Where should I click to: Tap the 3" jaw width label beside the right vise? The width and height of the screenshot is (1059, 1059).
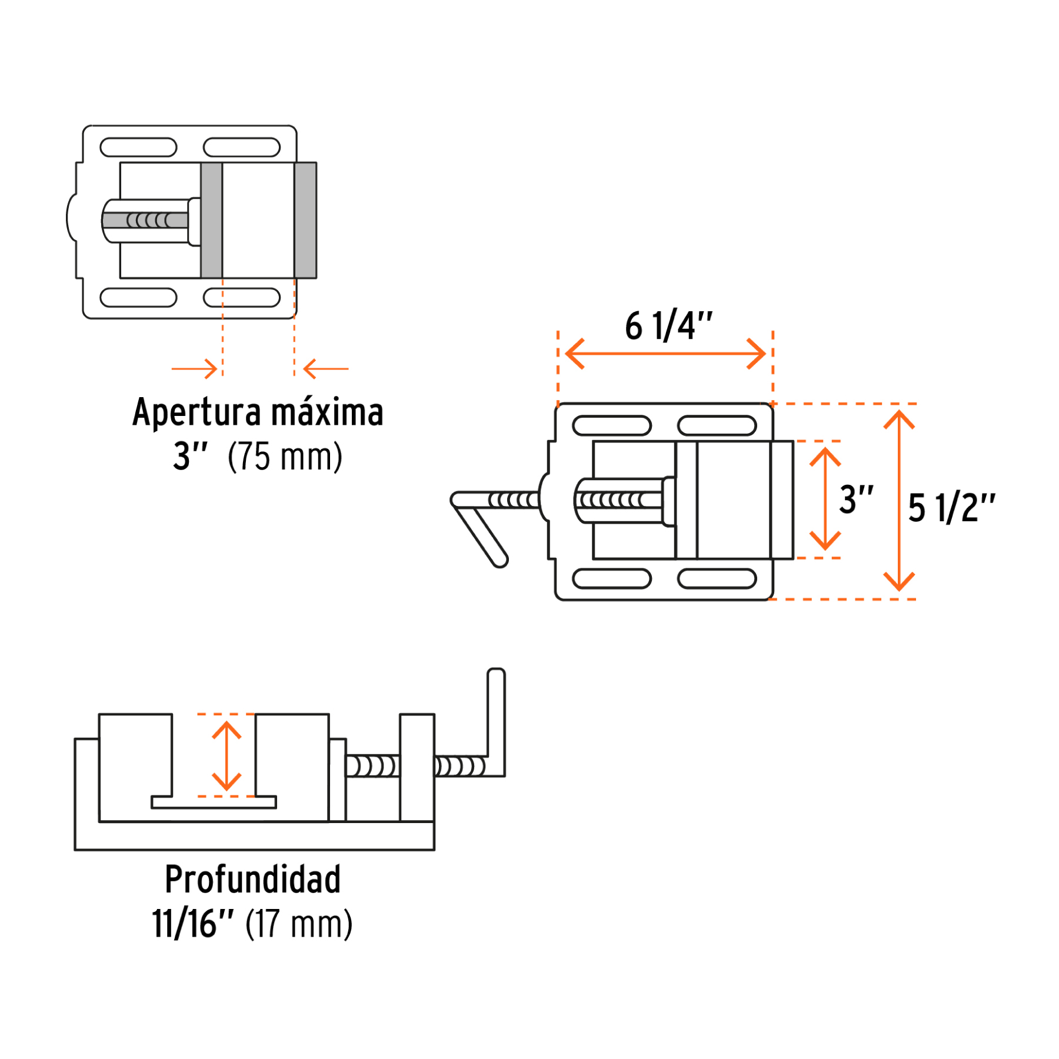(x=855, y=499)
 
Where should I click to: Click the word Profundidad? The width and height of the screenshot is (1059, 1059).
(x=252, y=879)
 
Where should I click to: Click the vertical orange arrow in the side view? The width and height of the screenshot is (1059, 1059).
(x=227, y=755)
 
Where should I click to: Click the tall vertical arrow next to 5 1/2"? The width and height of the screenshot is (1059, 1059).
(x=898, y=500)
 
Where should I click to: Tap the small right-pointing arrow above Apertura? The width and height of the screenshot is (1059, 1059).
(x=195, y=369)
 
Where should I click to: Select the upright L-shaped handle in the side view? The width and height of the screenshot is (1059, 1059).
(x=496, y=724)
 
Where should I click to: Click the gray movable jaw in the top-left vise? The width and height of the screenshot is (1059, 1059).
(x=211, y=220)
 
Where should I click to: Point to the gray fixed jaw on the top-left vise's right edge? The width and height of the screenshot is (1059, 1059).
(x=305, y=220)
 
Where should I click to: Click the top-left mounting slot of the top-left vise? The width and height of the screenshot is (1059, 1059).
(x=138, y=147)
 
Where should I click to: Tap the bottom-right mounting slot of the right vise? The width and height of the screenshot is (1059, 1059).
(x=717, y=578)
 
